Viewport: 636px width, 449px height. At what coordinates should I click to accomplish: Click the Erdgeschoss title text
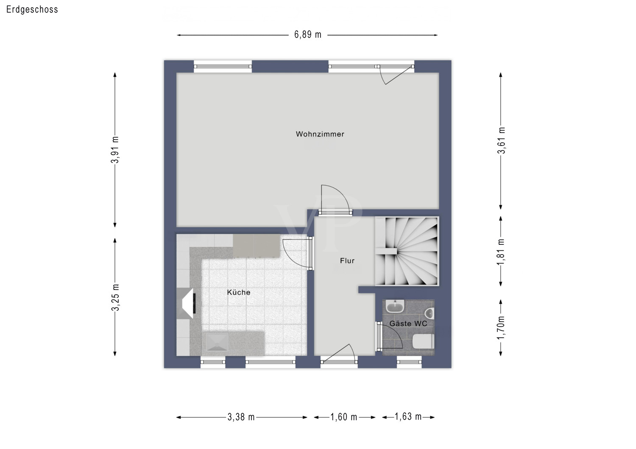point(32,9)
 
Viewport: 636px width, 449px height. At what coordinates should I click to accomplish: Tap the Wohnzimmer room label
point(320,134)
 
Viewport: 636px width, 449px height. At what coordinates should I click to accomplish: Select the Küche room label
point(238,292)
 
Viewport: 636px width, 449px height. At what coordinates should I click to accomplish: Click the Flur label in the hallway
point(347,261)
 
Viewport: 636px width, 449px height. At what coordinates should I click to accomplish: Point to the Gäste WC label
point(408,324)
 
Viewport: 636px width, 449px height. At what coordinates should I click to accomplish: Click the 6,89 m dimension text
point(308,35)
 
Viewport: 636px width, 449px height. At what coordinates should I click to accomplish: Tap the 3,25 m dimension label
point(115,297)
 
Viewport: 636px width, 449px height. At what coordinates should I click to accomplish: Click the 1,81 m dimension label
point(501,252)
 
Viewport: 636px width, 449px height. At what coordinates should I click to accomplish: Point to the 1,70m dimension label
point(501,327)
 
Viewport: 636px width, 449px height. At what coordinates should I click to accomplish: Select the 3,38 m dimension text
point(241,417)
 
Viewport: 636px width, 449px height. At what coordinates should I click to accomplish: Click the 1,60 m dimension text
point(344,417)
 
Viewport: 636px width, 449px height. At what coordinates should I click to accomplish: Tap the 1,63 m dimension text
point(408,417)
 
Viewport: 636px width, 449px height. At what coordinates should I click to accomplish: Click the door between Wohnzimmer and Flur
point(335,201)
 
